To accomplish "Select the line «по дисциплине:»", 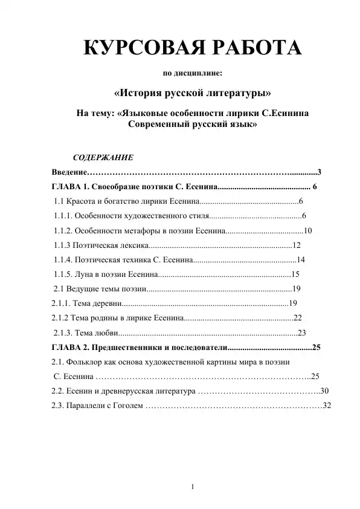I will pos(193,74).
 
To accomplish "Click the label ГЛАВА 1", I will pos(71,186).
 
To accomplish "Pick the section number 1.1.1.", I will pos(63,215).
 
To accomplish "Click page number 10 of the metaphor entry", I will pos(307,230).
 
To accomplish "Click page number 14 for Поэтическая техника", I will pos(301,260).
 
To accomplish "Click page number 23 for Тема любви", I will pos(303,332).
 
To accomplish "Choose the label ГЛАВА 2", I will pos(71,348).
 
